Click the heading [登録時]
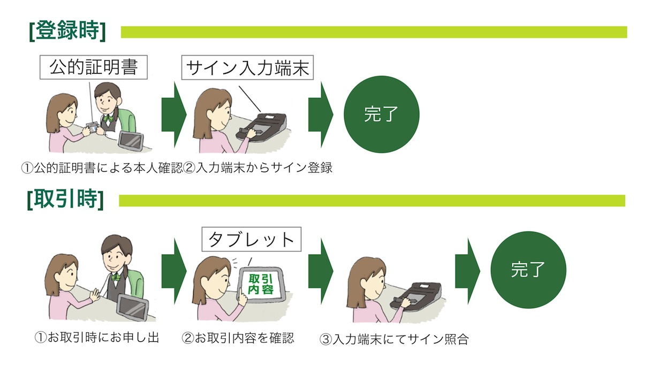67,32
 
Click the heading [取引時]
65,200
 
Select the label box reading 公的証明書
93,68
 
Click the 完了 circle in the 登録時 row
381,114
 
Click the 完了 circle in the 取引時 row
528,269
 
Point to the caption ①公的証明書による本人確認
102,168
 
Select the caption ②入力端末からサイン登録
258,168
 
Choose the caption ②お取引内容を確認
238,338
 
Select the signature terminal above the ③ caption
418,297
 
